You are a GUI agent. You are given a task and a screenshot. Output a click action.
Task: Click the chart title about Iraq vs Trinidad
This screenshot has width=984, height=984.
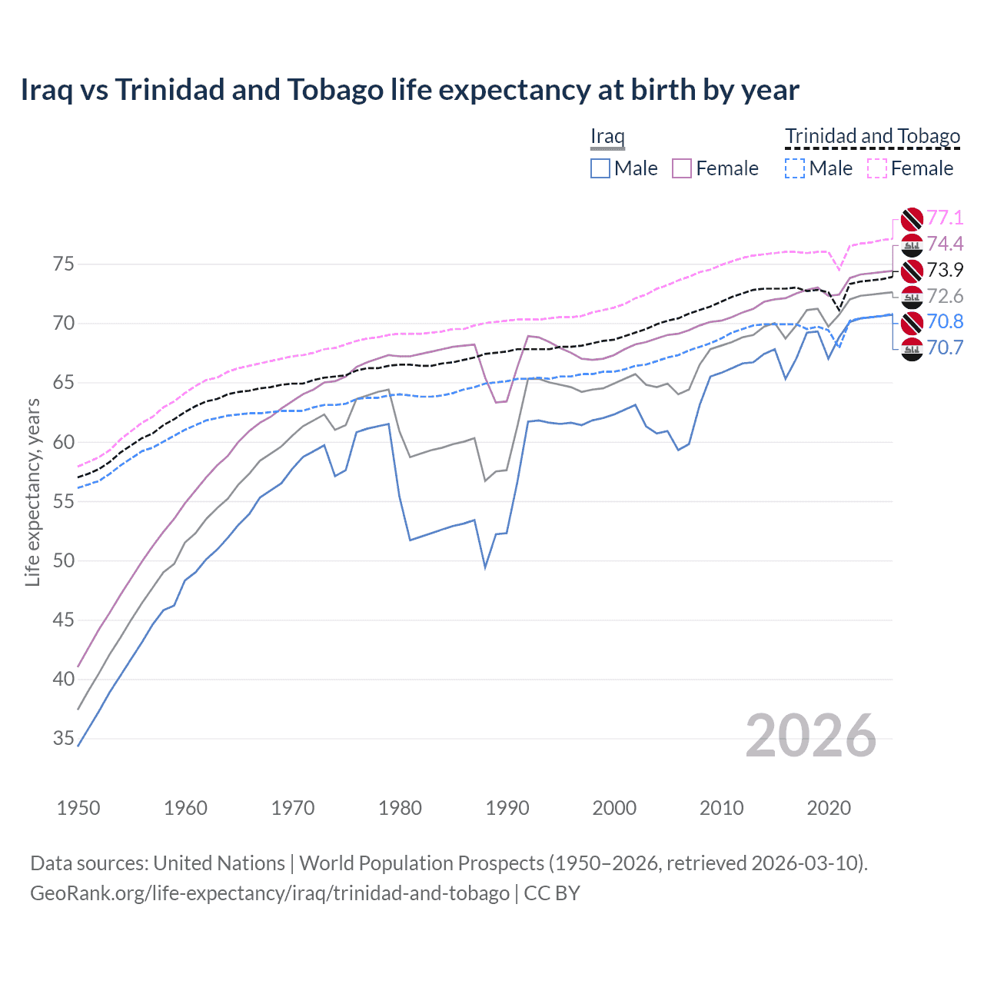tap(410, 90)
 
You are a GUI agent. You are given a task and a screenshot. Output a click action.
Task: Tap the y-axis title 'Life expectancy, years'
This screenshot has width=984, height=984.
tap(32, 492)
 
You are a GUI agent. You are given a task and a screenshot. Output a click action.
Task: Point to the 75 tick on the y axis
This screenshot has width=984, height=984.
tap(64, 264)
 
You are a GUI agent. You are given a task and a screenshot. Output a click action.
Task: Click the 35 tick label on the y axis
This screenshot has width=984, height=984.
tap(64, 739)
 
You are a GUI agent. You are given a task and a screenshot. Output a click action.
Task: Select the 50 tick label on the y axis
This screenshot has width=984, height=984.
tap(64, 560)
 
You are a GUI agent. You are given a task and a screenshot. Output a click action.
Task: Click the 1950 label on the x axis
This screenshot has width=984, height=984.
tap(78, 808)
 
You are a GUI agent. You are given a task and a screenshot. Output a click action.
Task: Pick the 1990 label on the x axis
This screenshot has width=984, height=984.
tap(507, 808)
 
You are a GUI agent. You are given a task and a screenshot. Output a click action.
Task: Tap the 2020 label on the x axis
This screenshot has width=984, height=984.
tap(829, 808)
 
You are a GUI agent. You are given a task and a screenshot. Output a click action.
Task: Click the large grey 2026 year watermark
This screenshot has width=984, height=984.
tap(810, 736)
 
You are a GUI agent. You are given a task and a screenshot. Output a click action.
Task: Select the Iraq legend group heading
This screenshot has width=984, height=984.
tap(607, 137)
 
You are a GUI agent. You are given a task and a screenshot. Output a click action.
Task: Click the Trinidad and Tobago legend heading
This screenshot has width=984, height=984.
tap(873, 137)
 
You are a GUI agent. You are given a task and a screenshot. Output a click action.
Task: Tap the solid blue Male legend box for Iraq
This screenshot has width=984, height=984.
tap(600, 168)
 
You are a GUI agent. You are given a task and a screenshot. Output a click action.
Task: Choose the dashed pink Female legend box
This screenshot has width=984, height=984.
tap(877, 168)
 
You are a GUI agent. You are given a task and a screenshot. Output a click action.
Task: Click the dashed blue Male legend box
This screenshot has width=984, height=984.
tap(795, 168)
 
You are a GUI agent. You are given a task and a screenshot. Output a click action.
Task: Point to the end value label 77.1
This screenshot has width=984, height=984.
tap(945, 218)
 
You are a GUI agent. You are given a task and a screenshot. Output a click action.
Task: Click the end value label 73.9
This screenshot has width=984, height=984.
tap(945, 270)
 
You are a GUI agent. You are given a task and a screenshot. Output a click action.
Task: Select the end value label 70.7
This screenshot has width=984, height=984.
tap(945, 347)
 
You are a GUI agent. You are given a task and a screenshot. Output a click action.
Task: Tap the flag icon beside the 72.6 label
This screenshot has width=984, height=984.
tap(912, 296)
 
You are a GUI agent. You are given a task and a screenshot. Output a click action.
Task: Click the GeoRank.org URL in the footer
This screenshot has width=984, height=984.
tap(270, 893)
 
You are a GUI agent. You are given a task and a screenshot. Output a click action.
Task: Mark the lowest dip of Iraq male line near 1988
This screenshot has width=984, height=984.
tap(485, 567)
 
